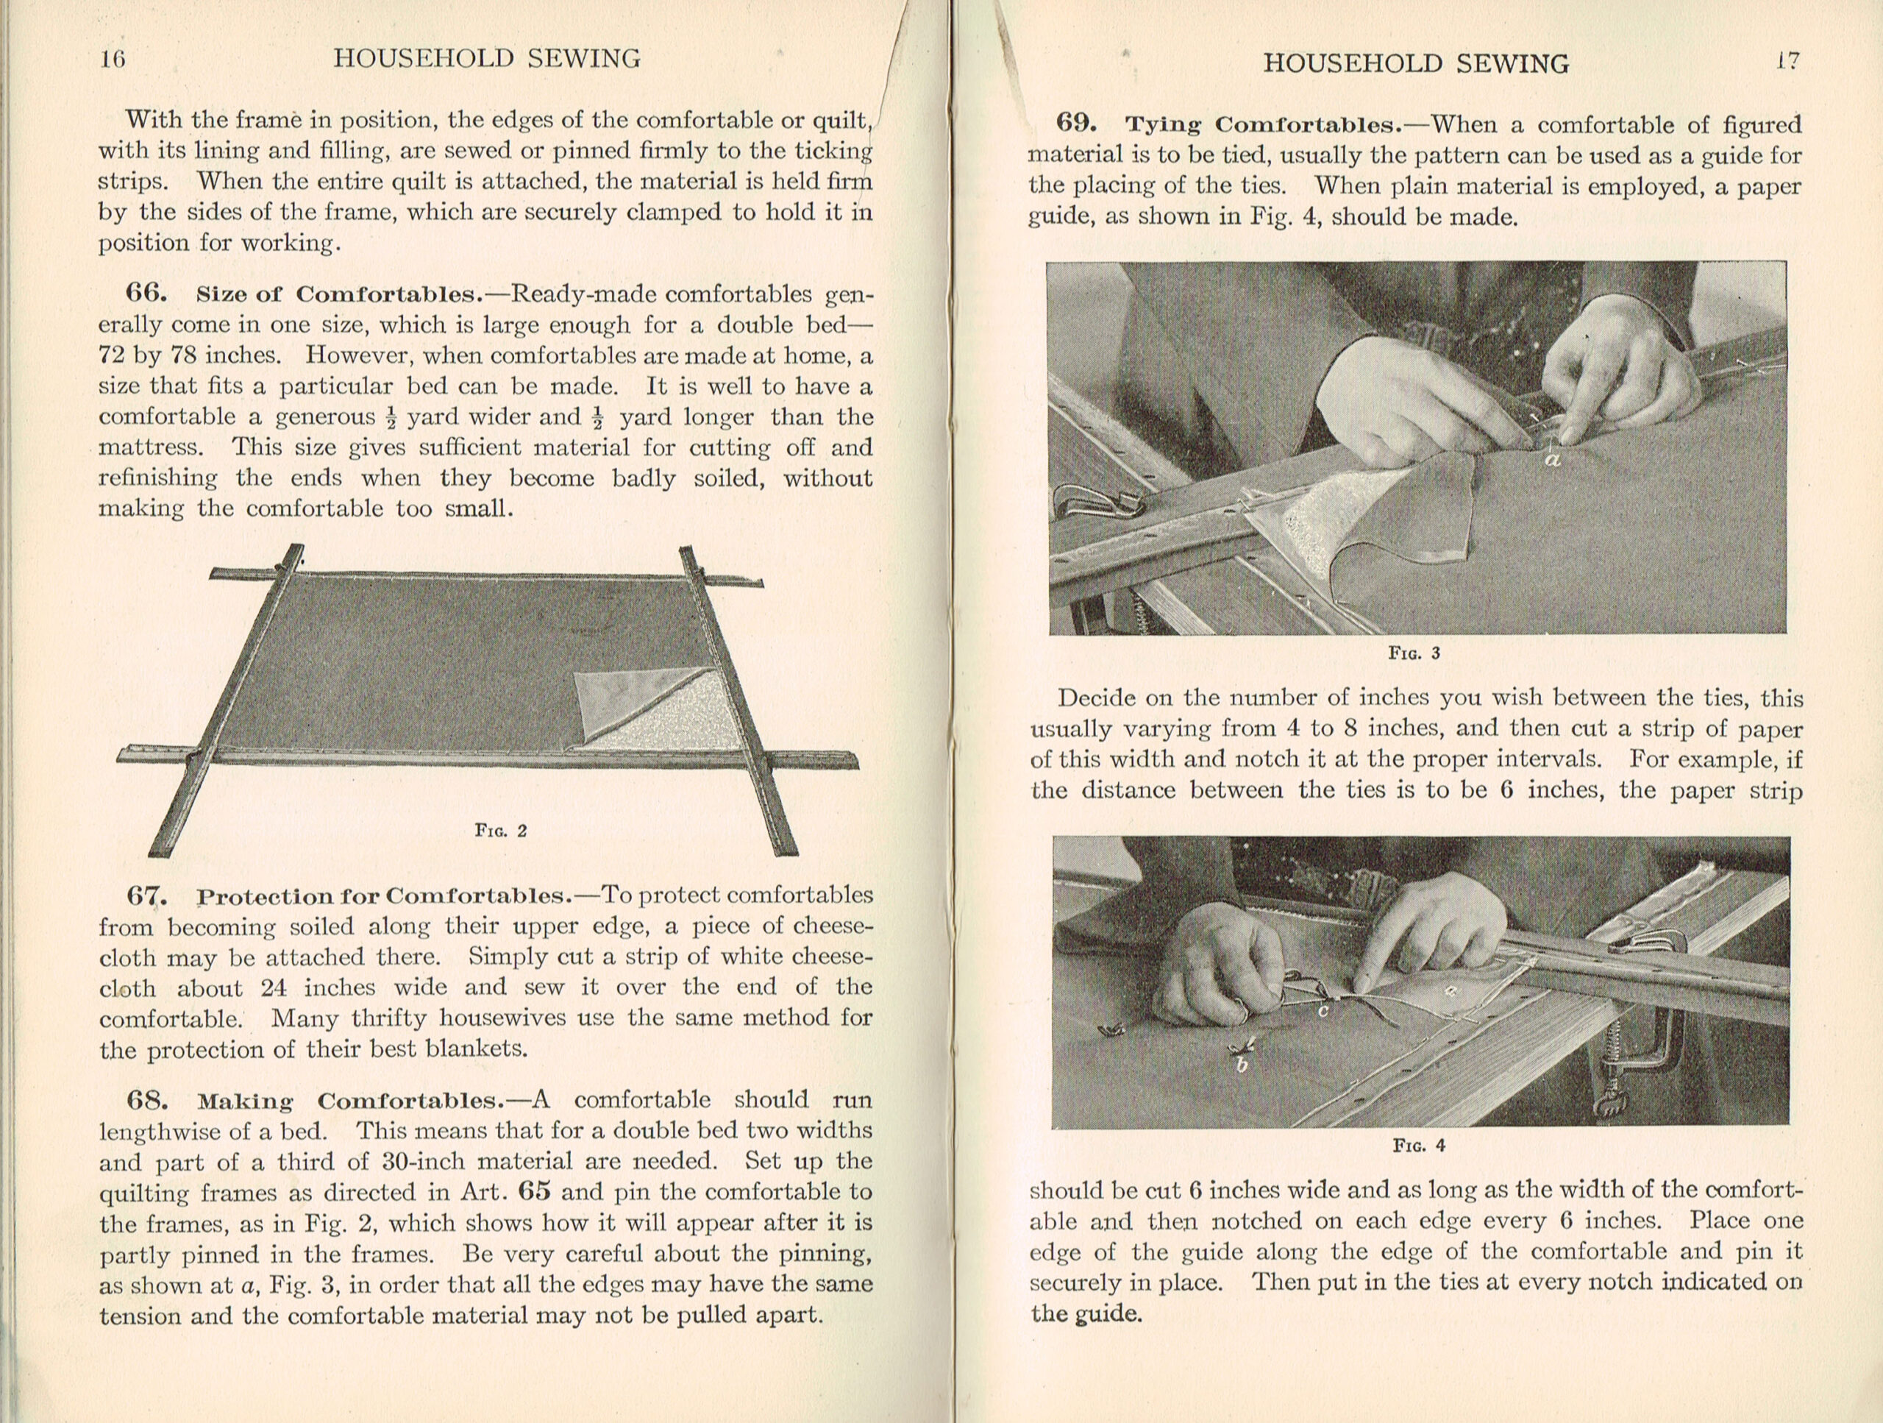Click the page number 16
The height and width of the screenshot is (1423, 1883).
(113, 59)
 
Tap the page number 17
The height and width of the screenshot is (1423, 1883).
(1787, 61)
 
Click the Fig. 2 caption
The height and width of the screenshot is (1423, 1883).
(501, 830)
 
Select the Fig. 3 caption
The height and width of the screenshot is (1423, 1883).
(1414, 653)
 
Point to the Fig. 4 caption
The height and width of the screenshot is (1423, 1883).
(1419, 1146)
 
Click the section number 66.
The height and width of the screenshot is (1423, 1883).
(146, 294)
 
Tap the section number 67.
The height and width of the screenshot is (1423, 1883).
(146, 896)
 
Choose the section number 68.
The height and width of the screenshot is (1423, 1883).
(146, 1099)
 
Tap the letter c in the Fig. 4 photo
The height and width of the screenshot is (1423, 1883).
(1323, 1011)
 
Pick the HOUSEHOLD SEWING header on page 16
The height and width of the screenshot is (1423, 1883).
(487, 59)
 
